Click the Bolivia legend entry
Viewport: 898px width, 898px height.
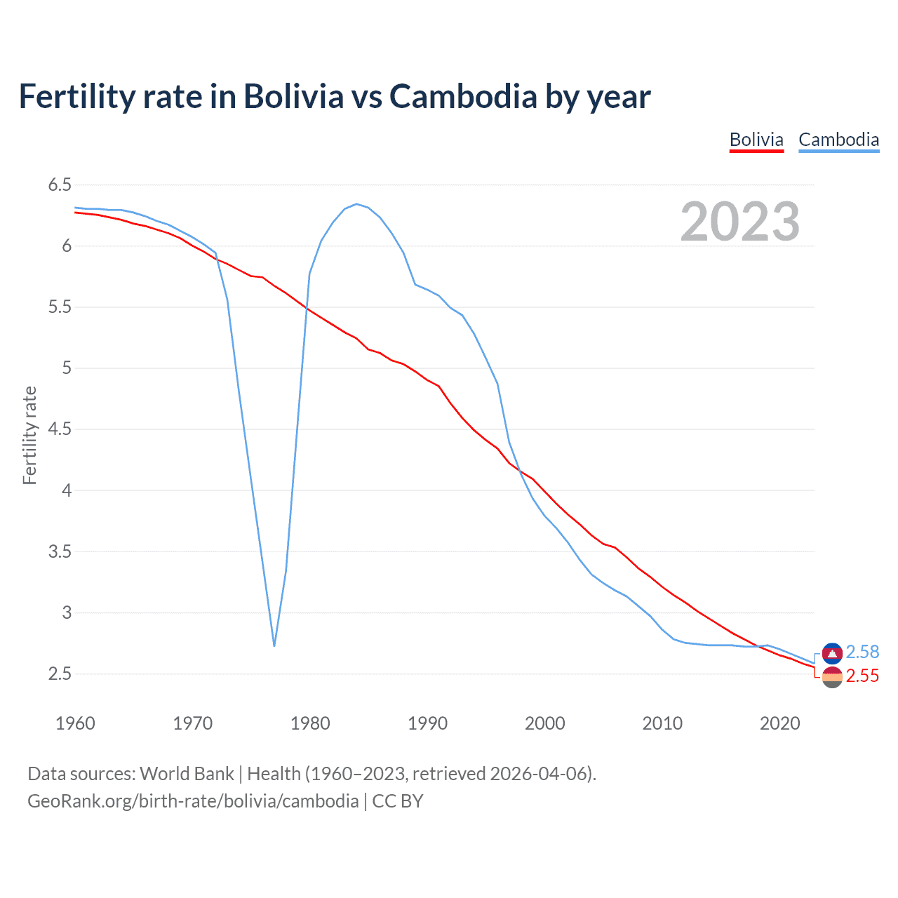756,140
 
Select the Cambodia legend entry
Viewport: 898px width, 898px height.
838,140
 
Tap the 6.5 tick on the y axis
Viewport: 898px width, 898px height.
60,185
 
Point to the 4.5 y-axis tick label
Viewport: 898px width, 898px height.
60,429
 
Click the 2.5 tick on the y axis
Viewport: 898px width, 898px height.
60,674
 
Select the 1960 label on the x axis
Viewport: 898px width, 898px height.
75,723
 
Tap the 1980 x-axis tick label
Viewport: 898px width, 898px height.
310,723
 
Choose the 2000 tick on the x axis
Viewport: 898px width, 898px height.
545,723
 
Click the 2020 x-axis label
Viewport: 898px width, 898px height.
779,723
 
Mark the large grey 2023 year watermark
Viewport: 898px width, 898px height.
740,222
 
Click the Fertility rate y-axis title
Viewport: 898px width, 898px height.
29,435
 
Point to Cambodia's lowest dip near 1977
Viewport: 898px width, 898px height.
274,645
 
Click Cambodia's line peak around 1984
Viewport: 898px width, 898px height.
356,204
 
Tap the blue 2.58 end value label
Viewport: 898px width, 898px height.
862,652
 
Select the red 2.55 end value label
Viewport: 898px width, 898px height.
862,676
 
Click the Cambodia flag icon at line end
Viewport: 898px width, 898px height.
832,653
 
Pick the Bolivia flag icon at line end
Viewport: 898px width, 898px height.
832,678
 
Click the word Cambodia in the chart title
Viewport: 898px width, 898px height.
463,96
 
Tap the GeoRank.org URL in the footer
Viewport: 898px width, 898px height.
193,801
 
